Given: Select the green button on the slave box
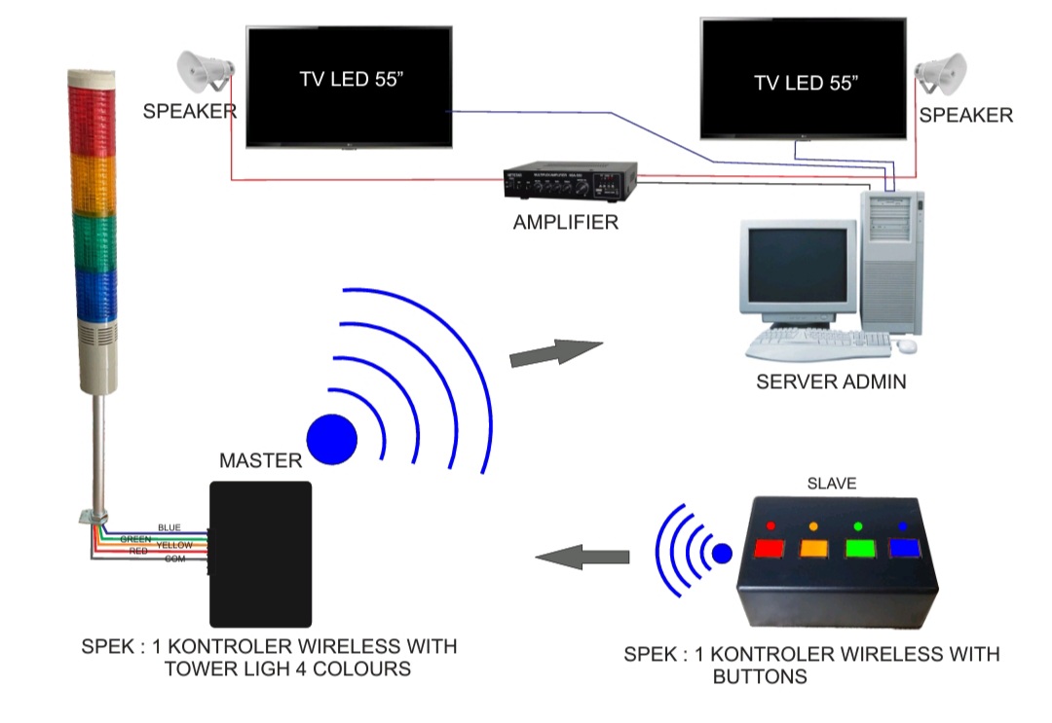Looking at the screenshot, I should [x=859, y=549].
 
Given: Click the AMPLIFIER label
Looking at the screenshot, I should [x=566, y=223].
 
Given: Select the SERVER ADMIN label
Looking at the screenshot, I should [x=831, y=381].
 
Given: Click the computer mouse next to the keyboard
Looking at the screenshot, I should [x=907, y=345].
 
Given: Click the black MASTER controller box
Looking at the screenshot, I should [x=260, y=554].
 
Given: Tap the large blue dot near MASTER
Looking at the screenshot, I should [x=332, y=440].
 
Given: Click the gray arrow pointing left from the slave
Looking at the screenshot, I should [x=582, y=558].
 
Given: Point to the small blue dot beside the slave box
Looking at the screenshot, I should [x=722, y=554].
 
